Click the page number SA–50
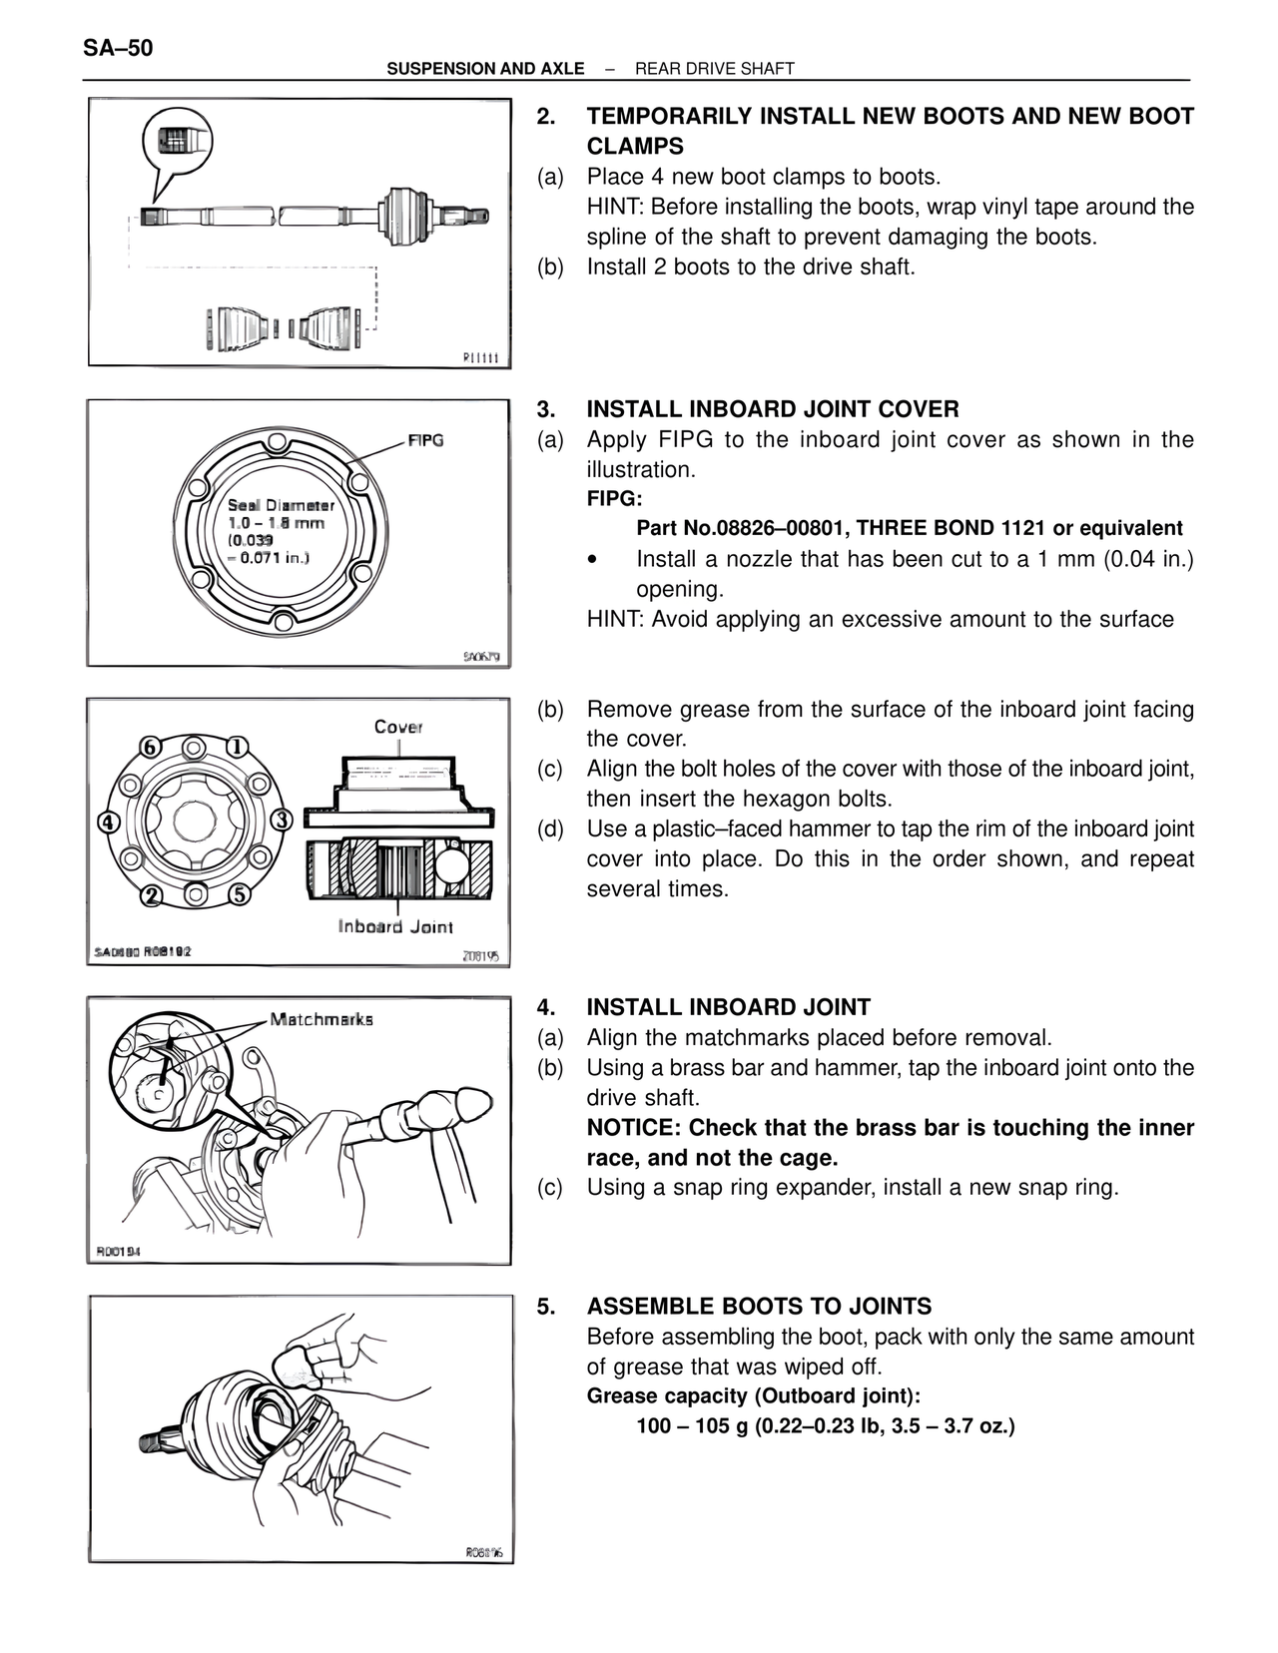click(118, 47)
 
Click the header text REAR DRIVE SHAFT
click(714, 69)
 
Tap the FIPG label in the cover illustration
click(425, 440)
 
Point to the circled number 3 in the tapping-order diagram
click(282, 820)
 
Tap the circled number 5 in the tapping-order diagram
click(240, 893)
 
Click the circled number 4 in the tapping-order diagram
click(108, 822)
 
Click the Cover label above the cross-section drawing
click(398, 727)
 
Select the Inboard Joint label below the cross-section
click(395, 927)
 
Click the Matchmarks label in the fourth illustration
click(321, 1019)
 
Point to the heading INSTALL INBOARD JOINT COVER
click(772, 409)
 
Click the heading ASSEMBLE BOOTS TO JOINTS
click(759, 1307)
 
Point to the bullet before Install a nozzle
click(593, 560)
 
